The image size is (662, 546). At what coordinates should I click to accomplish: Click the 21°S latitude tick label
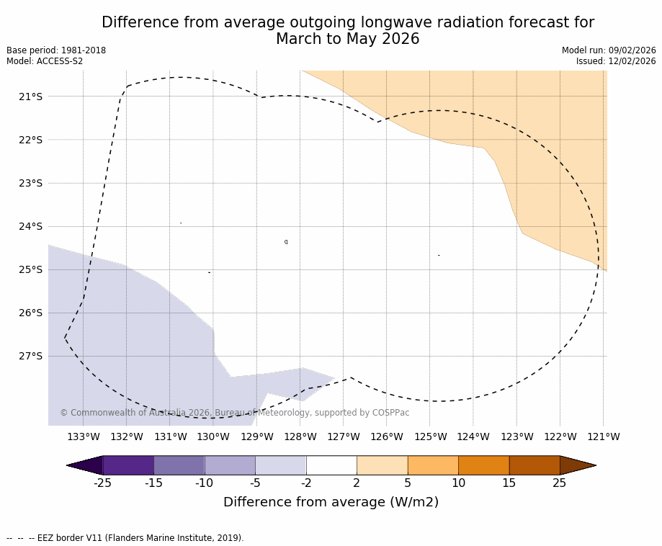pos(30,97)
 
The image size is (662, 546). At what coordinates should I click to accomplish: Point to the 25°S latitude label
pos(30,269)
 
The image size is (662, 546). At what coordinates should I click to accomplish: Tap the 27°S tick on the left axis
pos(30,356)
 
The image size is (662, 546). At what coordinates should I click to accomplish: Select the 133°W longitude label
pos(84,437)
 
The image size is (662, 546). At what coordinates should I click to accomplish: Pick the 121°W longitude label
pos(604,437)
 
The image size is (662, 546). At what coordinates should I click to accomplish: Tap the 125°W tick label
pos(430,437)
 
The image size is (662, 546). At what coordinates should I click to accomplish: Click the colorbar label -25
pos(102,483)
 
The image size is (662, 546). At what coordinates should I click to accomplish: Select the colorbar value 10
pos(458,483)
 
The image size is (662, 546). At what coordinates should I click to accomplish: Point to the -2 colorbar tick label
pos(306,483)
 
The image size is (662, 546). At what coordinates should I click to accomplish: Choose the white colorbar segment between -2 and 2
pos(331,465)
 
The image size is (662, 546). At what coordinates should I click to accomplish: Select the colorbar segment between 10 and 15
pos(483,465)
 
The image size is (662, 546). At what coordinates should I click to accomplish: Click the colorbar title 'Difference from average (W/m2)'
pos(331,502)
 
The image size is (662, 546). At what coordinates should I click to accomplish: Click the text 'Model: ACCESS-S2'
pos(45,61)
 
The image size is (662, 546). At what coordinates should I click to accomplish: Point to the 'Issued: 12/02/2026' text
pos(616,61)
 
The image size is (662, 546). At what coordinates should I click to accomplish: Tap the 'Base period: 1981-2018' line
pos(56,50)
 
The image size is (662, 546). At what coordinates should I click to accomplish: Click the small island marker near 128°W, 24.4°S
pos(286,242)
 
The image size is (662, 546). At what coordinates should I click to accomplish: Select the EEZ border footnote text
pos(125,538)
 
